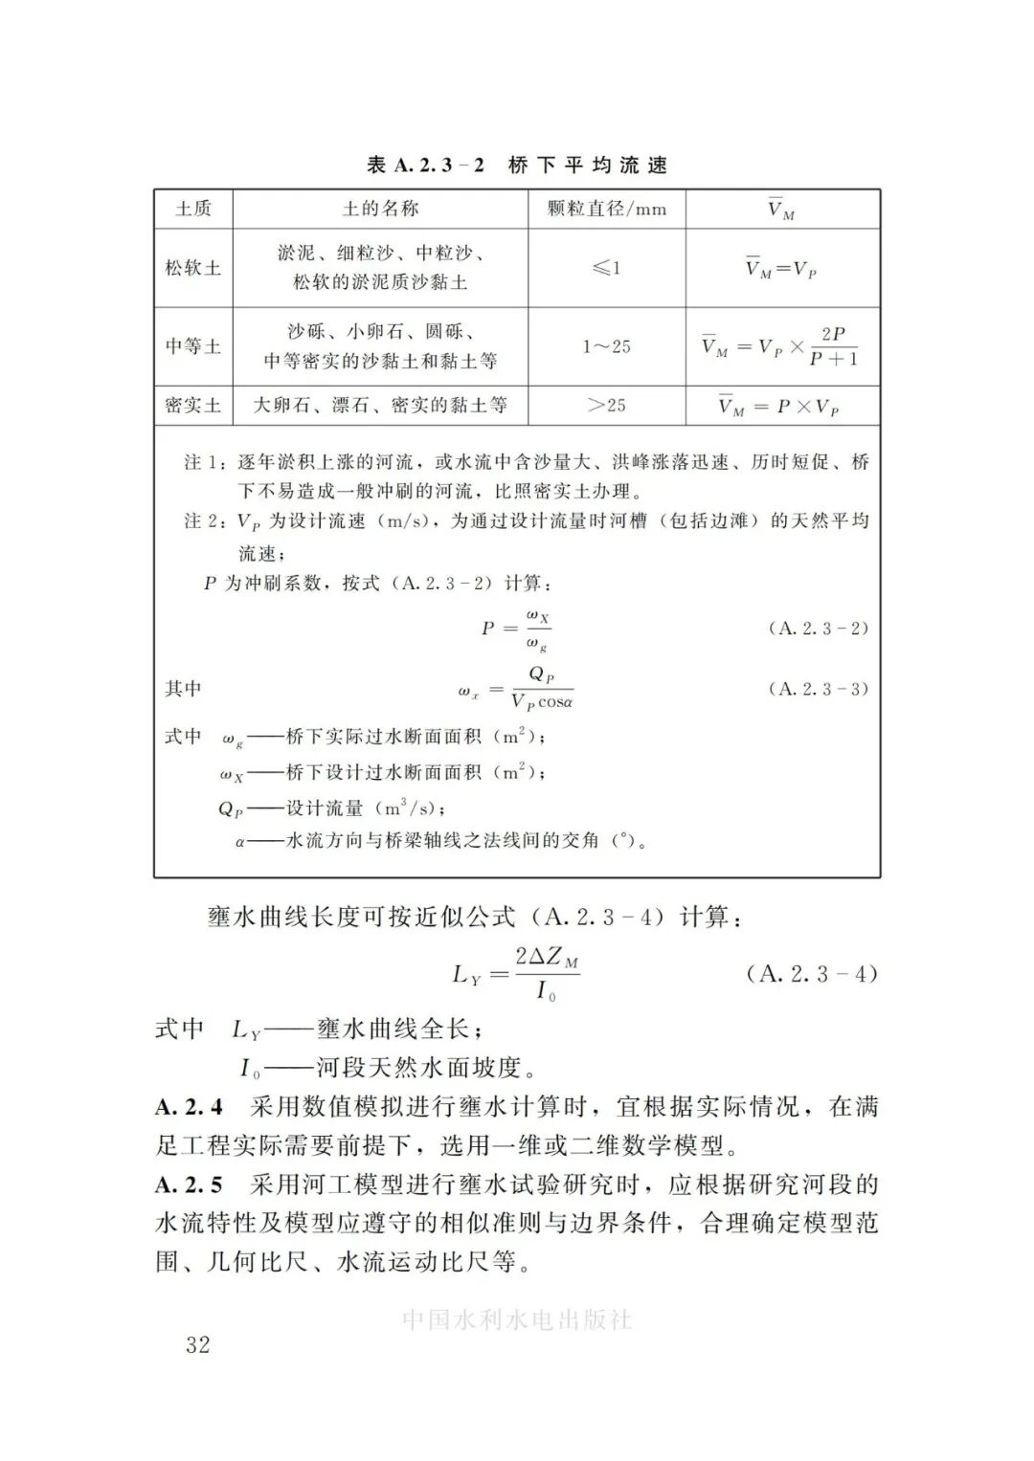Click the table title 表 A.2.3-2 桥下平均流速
(516, 165)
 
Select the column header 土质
(192, 209)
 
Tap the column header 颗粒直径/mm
(606, 209)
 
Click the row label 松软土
(192, 268)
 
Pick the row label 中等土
(192, 346)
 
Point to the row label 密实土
(192, 406)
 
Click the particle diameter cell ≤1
(606, 268)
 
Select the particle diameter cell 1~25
(606, 346)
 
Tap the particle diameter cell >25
(606, 406)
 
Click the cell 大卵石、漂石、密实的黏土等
(379, 406)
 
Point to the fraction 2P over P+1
(833, 346)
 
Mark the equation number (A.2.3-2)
(818, 629)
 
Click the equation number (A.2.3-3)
(818, 689)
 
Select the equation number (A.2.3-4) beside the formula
(811, 974)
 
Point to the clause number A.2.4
(189, 1107)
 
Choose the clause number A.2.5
(189, 1184)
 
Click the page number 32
(198, 1344)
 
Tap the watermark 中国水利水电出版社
(517, 1319)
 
